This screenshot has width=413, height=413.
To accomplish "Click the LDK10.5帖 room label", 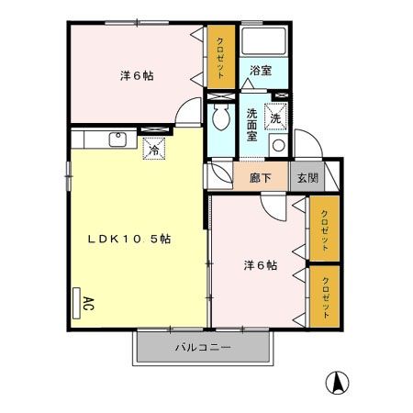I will pyautogui.click(x=129, y=238).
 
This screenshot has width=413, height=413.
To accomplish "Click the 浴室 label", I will pyautogui.click(x=260, y=70).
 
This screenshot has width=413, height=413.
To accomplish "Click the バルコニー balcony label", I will pyautogui.click(x=203, y=348).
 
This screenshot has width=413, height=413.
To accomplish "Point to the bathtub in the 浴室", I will pyautogui.click(x=264, y=42).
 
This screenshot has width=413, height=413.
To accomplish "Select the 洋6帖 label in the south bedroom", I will pyautogui.click(x=260, y=265).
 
